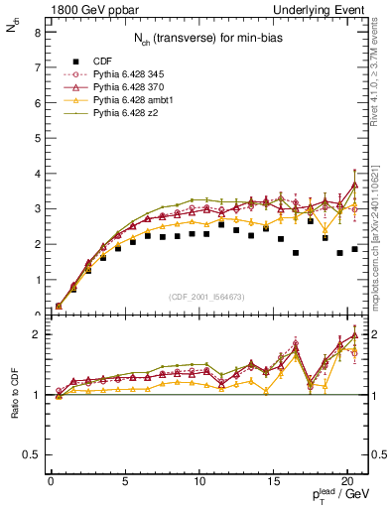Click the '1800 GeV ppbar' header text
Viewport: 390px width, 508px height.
78,10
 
